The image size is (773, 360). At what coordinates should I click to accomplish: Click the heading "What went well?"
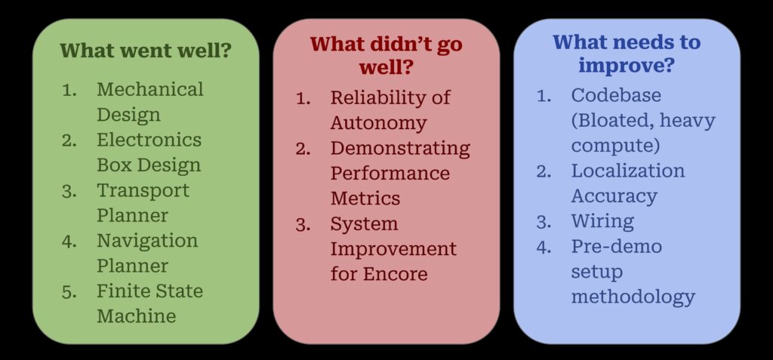tap(146, 51)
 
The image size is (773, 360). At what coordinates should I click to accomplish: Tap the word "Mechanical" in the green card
tap(150, 89)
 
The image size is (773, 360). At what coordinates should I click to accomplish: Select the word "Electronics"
tap(149, 140)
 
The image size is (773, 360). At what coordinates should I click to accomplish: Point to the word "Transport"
tap(143, 190)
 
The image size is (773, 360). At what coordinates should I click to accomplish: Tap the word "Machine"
tap(136, 316)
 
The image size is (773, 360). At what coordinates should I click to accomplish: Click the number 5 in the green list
tap(69, 292)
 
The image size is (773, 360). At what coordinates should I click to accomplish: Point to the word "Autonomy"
tap(379, 123)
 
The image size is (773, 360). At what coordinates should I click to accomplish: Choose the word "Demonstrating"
tap(400, 149)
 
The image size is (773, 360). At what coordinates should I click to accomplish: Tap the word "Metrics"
tap(365, 198)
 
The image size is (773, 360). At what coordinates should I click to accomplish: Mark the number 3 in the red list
tap(302, 225)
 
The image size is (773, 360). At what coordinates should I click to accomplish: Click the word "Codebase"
tap(616, 95)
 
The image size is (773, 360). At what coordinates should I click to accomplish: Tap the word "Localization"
tap(628, 171)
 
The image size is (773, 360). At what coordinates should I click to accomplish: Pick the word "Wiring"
tap(602, 221)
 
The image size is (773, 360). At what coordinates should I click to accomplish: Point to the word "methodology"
tap(633, 297)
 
